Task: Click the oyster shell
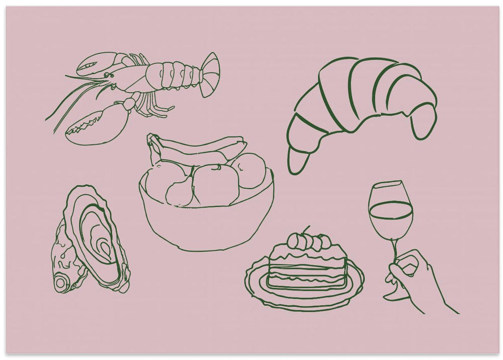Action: pyautogui.click(x=91, y=242)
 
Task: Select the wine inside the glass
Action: pyautogui.click(x=390, y=222)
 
